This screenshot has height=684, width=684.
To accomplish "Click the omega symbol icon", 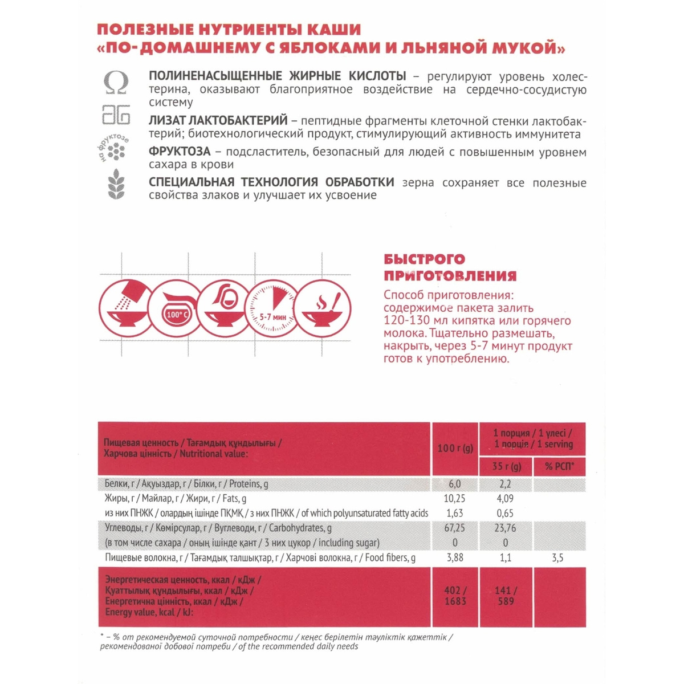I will click(116, 83).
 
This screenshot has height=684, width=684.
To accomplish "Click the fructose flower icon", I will click(116, 150).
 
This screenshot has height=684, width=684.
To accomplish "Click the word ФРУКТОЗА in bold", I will click(180, 152).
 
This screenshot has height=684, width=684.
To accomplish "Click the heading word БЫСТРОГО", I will click(424, 259).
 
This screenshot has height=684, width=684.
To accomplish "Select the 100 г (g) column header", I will click(455, 448).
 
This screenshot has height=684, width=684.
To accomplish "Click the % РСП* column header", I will click(559, 466).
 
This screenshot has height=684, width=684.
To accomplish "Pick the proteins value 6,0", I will click(454, 484).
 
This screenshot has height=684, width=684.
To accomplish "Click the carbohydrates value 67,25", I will click(454, 528).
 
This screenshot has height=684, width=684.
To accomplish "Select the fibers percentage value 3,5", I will click(557, 557).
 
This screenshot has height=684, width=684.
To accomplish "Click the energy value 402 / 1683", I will click(455, 596).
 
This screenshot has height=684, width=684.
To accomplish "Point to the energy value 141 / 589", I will click(506, 596).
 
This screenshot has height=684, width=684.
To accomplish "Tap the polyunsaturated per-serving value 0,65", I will click(505, 513).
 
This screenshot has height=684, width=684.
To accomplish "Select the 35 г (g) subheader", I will click(506, 466).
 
